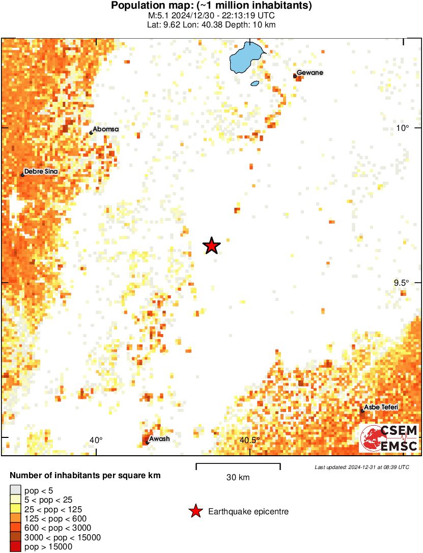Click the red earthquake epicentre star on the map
pyautogui.click(x=212, y=246)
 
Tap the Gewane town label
pyautogui.click(x=309, y=73)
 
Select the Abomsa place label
pyautogui.click(x=105, y=129)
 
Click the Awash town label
pyautogui.click(x=159, y=439)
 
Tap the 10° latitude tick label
pyautogui.click(x=403, y=128)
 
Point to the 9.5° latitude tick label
pyautogui.click(x=402, y=283)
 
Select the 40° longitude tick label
pyautogui.click(x=96, y=440)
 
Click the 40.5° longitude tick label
pyautogui.click(x=249, y=440)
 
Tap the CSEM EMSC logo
pyautogui.click(x=389, y=438)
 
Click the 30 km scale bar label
pyautogui.click(x=238, y=477)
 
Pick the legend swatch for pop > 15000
pyautogui.click(x=15, y=547)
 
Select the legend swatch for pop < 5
pyautogui.click(x=15, y=491)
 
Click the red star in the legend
pyautogui.click(x=195, y=511)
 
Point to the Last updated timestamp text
pyautogui.click(x=361, y=467)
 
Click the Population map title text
pyautogui.click(x=211, y=6)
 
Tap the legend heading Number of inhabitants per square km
pyautogui.click(x=86, y=476)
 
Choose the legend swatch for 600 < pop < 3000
pyautogui.click(x=15, y=528)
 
